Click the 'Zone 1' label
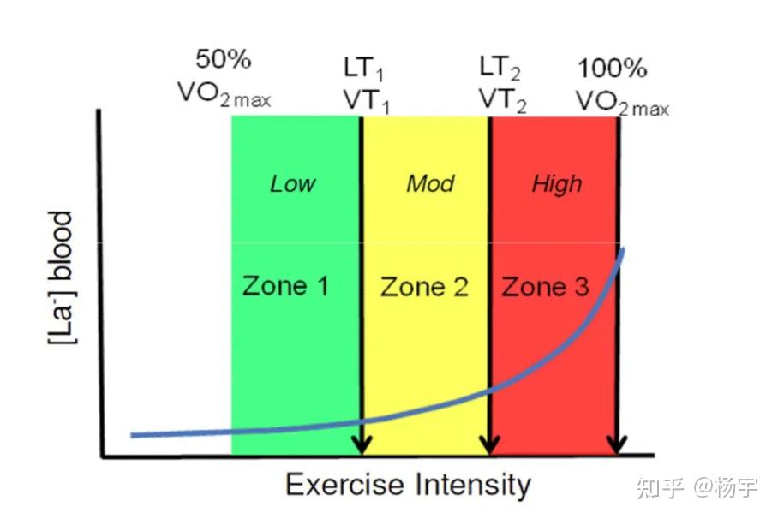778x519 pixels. [285, 286]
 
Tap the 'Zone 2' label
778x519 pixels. [424, 287]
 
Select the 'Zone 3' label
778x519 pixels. [545, 287]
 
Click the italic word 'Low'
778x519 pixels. [293, 183]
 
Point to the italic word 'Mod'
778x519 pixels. [430, 183]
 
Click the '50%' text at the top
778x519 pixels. [224, 59]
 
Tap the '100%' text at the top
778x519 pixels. [613, 68]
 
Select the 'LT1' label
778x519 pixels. [363, 69]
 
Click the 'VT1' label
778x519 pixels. [366, 101]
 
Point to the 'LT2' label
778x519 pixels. [500, 68]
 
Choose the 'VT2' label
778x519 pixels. [502, 99]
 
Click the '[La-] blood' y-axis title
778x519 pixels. [62, 277]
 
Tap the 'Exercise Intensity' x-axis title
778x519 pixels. [409, 484]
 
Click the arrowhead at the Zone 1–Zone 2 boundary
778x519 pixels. [362, 444]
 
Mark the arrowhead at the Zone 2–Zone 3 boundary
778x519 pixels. [490, 444]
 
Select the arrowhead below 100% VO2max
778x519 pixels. [617, 444]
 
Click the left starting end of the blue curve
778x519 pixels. [132, 435]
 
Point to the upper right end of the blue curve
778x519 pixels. [623, 249]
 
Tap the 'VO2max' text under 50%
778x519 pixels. [224, 93]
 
